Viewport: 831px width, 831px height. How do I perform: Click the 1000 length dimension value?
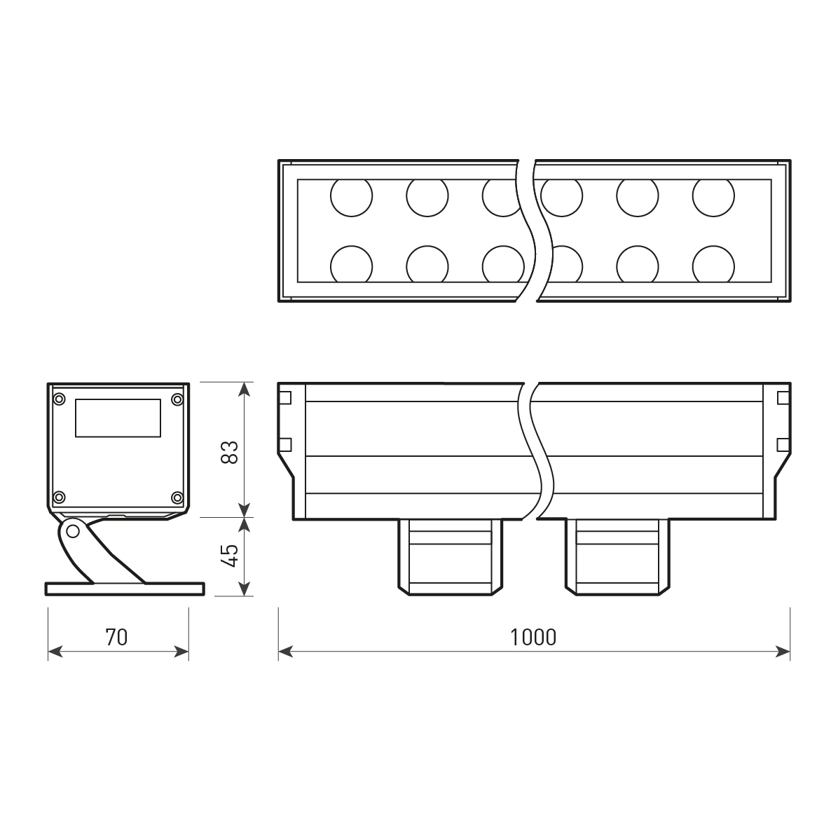click(533, 637)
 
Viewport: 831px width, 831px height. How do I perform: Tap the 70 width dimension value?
click(117, 637)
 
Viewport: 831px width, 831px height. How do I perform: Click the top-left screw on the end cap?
click(59, 399)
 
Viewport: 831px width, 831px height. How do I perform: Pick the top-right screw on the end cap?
click(177, 399)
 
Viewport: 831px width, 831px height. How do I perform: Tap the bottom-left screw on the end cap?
click(59, 497)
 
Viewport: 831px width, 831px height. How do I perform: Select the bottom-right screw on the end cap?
click(177, 497)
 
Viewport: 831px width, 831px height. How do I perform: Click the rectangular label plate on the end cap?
click(118, 418)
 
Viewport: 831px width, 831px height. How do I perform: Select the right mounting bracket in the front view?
click(617, 557)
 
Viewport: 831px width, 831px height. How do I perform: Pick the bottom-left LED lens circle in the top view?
click(351, 265)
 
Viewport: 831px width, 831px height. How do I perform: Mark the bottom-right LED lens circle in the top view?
click(713, 265)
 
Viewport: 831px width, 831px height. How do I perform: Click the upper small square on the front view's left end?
click(284, 398)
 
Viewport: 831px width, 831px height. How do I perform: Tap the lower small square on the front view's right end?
click(783, 445)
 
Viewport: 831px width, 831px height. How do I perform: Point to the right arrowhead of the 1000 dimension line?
click(784, 652)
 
